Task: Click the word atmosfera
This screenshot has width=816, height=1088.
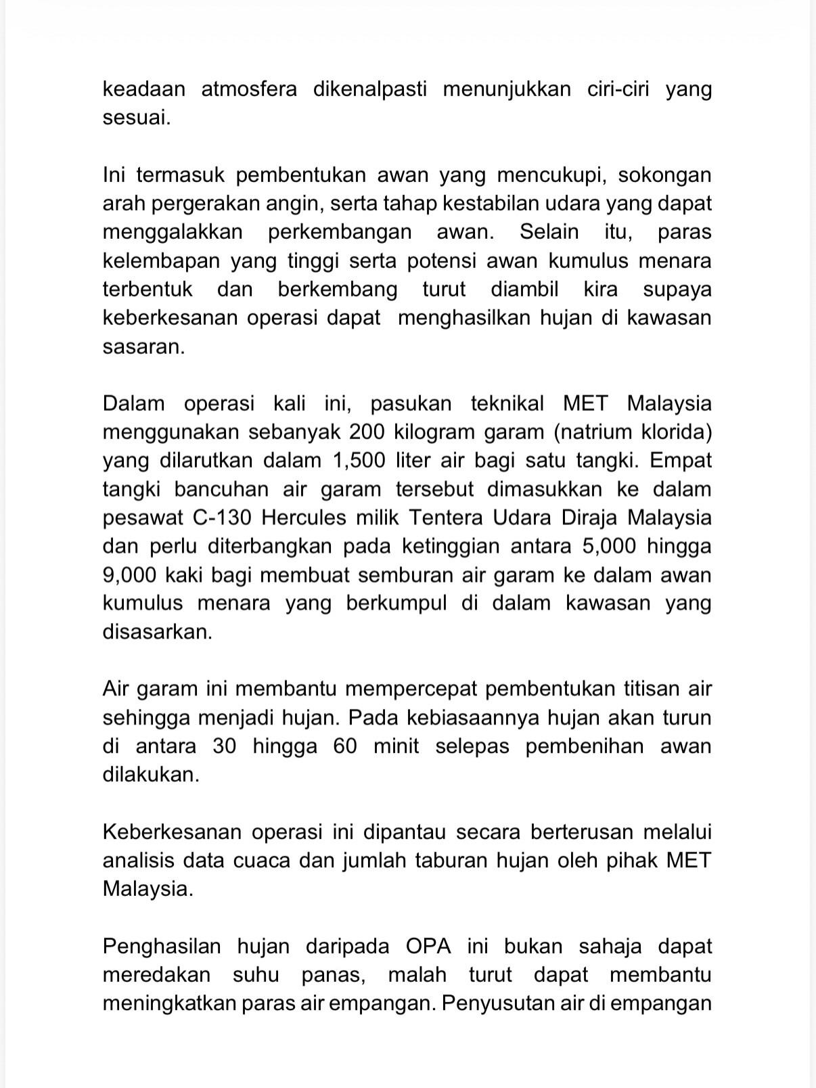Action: (x=249, y=89)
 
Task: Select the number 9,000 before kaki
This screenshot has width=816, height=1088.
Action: (x=131, y=575)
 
